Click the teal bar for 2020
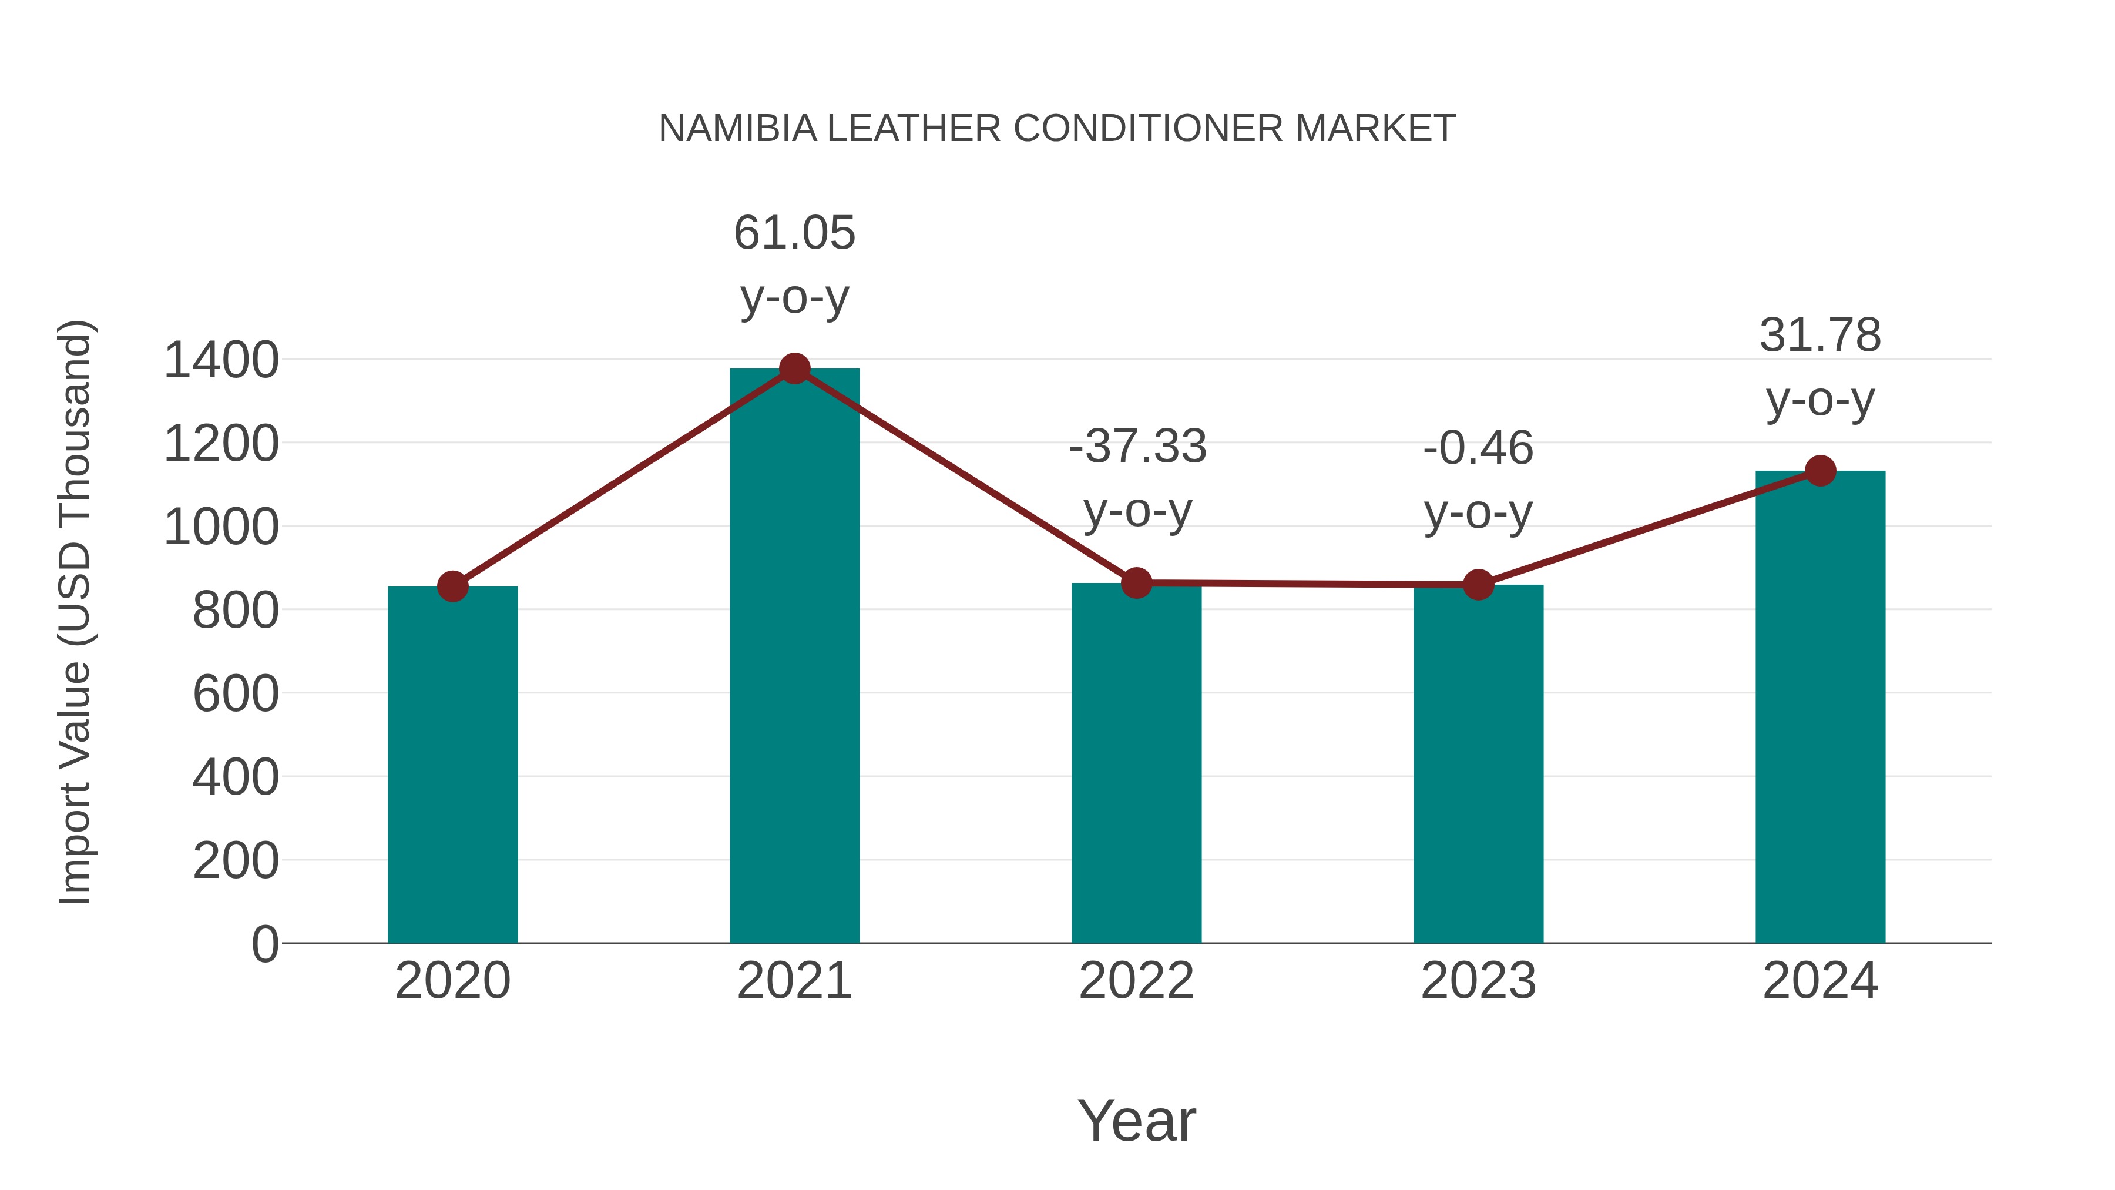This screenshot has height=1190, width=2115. tap(452, 764)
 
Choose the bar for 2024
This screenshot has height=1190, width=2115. tap(1820, 706)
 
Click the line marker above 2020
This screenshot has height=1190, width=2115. tap(452, 586)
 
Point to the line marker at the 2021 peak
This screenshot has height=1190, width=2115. tap(794, 368)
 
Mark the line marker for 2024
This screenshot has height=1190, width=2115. tap(1820, 471)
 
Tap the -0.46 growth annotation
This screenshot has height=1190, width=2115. tap(1478, 479)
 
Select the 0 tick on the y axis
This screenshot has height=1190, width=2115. tap(264, 944)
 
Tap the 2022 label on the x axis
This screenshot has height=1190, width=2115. tap(1136, 981)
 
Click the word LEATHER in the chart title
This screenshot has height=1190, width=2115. tap(914, 129)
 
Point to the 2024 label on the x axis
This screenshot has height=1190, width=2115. tap(1820, 981)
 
